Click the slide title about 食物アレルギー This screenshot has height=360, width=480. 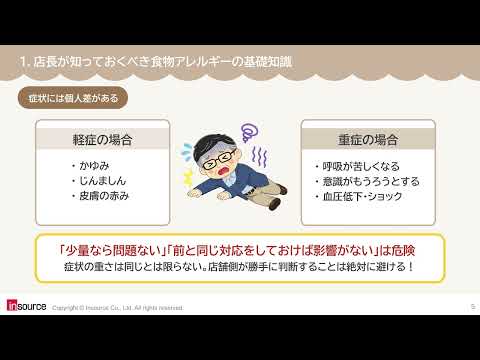(x=156, y=62)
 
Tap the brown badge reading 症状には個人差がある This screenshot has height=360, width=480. (x=73, y=98)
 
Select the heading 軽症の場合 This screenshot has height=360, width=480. (x=103, y=140)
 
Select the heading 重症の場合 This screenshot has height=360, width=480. (x=368, y=140)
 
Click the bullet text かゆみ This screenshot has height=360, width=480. (x=94, y=165)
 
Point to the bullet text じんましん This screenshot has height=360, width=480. (x=102, y=181)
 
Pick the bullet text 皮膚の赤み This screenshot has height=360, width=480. (x=104, y=196)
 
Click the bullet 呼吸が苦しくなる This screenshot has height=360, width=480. (x=361, y=166)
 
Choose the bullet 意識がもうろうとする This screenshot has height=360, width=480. (x=371, y=181)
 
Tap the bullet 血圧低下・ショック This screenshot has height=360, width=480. (x=362, y=196)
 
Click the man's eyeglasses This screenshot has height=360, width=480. (x=219, y=159)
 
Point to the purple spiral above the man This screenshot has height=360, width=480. (x=249, y=133)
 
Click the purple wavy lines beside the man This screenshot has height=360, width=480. (x=259, y=156)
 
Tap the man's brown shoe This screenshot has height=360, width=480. (x=275, y=203)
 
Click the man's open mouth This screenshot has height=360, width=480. (x=222, y=170)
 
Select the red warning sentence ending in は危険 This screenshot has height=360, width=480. (x=236, y=251)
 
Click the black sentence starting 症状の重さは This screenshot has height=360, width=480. (x=239, y=267)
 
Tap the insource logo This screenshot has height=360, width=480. (x=26, y=306)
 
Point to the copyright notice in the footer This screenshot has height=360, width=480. (x=117, y=308)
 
